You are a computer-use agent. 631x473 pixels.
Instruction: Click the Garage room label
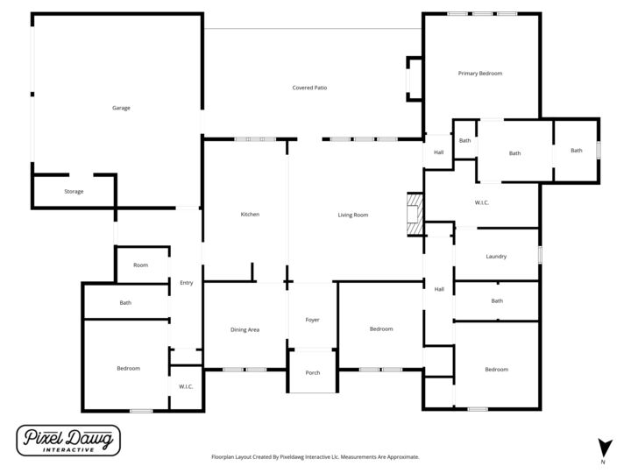121,108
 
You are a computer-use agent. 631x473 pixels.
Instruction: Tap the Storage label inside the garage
74,191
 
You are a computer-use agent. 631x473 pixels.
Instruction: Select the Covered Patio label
309,88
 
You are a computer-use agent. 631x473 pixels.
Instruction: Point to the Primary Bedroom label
479,74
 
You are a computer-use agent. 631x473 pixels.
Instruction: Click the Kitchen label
250,215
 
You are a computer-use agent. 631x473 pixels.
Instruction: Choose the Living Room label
352,215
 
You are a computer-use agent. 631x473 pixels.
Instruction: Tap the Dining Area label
245,329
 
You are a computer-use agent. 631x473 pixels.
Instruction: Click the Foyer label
312,320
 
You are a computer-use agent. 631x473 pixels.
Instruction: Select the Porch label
312,372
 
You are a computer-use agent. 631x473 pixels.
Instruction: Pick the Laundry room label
497,256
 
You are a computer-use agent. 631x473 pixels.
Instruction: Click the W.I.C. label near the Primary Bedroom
481,203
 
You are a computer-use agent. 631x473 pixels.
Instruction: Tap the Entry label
186,282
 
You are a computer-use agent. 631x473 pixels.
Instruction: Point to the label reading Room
140,265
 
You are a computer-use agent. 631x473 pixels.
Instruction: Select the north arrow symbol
603,446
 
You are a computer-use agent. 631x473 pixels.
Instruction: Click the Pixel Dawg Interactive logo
68,441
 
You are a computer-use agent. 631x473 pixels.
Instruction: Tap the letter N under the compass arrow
603,462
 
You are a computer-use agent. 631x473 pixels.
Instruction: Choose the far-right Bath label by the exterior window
576,151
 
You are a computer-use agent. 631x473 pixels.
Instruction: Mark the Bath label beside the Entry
125,303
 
